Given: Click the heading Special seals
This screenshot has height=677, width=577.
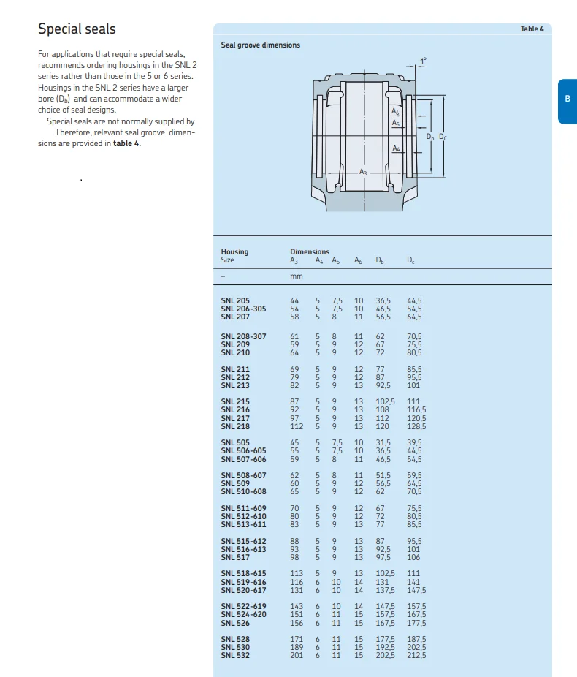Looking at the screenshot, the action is click(77, 29).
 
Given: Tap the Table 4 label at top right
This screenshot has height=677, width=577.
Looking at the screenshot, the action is click(532, 29).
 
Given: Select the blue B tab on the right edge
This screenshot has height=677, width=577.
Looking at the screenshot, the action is click(567, 99).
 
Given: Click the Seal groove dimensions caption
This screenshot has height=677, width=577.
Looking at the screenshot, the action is click(260, 45).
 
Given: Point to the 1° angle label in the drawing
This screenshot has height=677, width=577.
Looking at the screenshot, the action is click(422, 60).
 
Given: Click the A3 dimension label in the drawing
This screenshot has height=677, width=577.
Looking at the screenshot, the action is click(363, 171).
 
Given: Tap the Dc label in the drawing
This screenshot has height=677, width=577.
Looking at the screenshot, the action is click(443, 136).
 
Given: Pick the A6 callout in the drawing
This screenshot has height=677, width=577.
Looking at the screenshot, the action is click(395, 111).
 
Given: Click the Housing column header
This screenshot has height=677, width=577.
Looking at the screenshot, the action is click(234, 251).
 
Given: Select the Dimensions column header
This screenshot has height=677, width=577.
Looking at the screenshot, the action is click(310, 251).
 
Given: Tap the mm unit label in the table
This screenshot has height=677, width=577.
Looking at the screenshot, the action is click(296, 276).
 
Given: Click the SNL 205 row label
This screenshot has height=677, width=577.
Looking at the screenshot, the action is click(234, 300).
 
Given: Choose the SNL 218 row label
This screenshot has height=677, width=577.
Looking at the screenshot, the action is click(234, 426).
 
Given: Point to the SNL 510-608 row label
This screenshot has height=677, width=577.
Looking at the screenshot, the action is click(243, 492).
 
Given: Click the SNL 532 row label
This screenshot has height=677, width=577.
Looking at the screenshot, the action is click(234, 655).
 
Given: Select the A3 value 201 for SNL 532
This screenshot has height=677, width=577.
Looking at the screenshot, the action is click(296, 655).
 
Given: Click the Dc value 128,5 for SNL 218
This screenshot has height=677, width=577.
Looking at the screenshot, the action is click(416, 426).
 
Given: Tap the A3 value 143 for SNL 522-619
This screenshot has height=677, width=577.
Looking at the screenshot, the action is click(296, 606).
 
